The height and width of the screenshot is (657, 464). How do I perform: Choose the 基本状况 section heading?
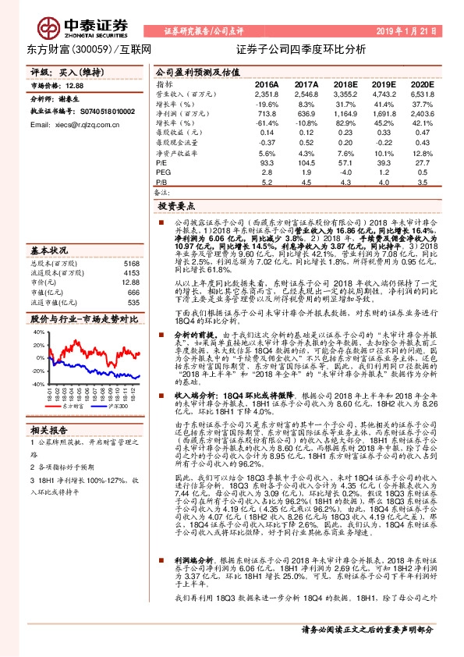coord(49,250)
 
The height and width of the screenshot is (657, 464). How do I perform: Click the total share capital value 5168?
coord(131,265)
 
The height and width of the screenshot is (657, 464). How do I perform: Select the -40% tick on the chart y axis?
coord(37,384)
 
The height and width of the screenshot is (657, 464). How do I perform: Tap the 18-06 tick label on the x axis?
coord(90,394)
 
